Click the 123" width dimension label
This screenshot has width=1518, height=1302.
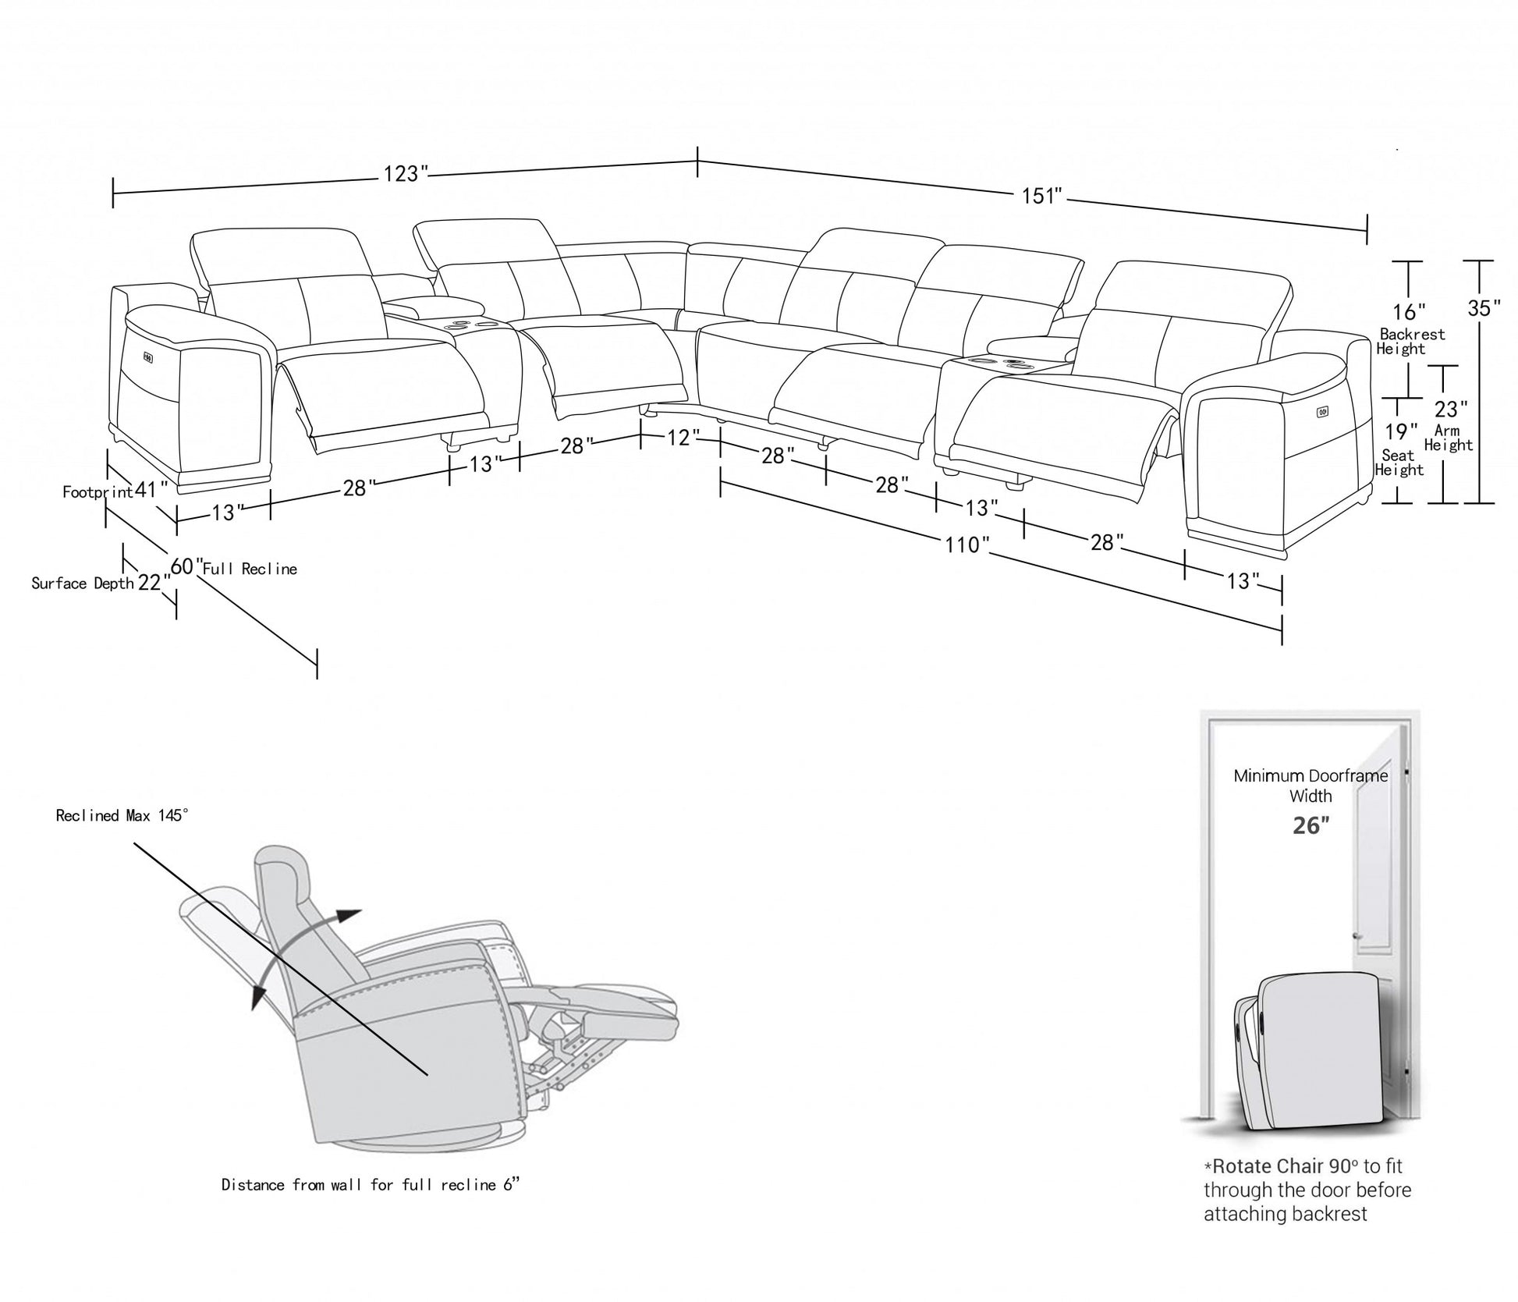click(x=406, y=174)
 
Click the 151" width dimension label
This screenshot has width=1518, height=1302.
click(x=1043, y=196)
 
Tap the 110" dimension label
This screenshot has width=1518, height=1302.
click(x=966, y=545)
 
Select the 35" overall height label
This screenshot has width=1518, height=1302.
click(x=1483, y=308)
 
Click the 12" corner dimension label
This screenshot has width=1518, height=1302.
click(x=679, y=438)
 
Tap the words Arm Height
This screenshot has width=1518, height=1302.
click(x=1448, y=438)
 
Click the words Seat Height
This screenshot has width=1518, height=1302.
click(x=1399, y=463)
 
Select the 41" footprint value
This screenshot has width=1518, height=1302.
click(x=151, y=490)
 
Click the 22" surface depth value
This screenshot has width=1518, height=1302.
click(x=154, y=582)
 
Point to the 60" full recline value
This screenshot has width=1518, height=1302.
click(x=186, y=566)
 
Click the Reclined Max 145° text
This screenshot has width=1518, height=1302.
click(x=122, y=815)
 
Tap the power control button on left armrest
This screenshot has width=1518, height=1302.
click(x=147, y=357)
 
